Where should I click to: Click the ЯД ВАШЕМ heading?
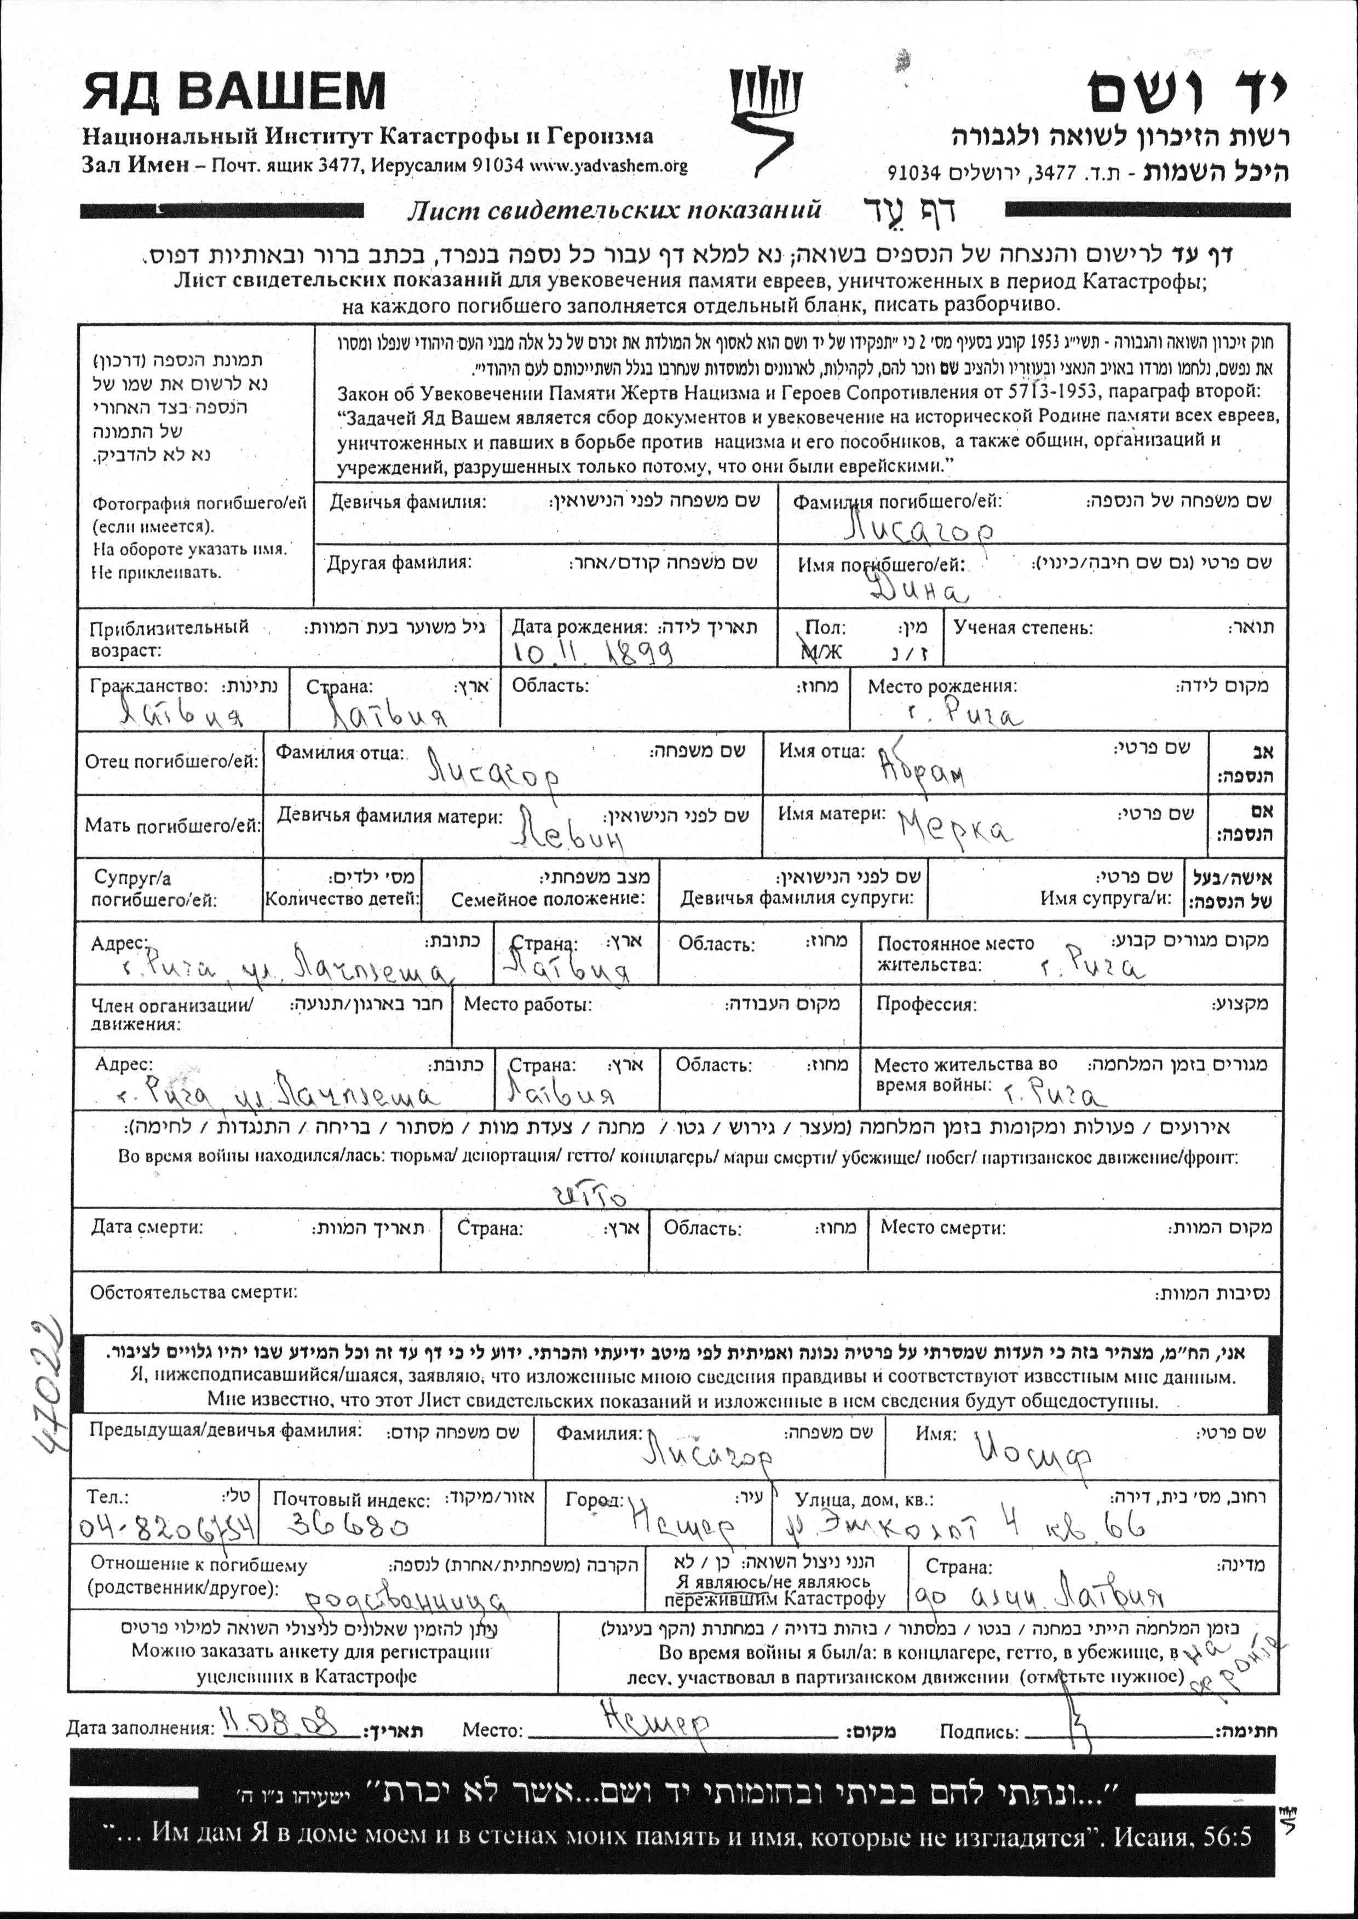[234, 92]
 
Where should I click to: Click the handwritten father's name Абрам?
[920, 768]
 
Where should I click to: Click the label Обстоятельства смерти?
[193, 1292]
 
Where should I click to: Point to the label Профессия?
[925, 1005]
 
